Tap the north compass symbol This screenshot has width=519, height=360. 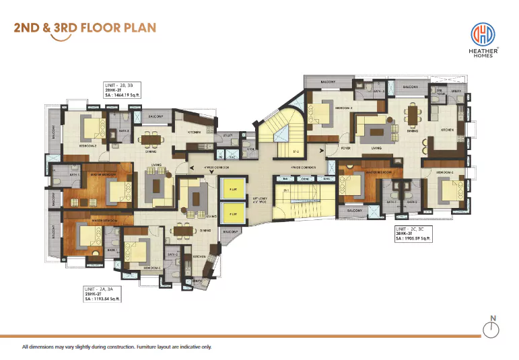[x=493, y=328]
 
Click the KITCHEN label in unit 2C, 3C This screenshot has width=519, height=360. [x=447, y=129]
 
